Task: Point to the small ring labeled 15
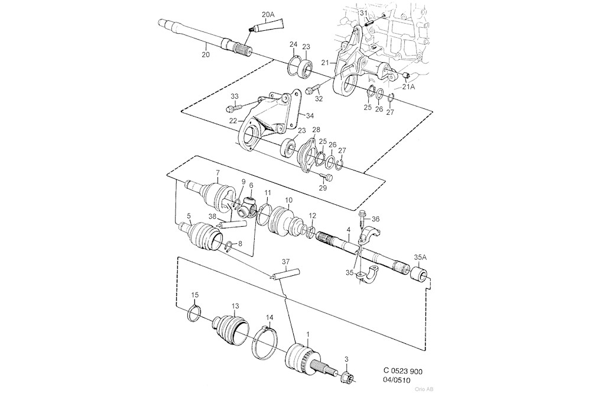click(194, 313)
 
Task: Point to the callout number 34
click(310, 116)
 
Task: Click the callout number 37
click(286, 262)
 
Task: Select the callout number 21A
click(408, 87)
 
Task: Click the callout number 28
click(316, 130)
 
